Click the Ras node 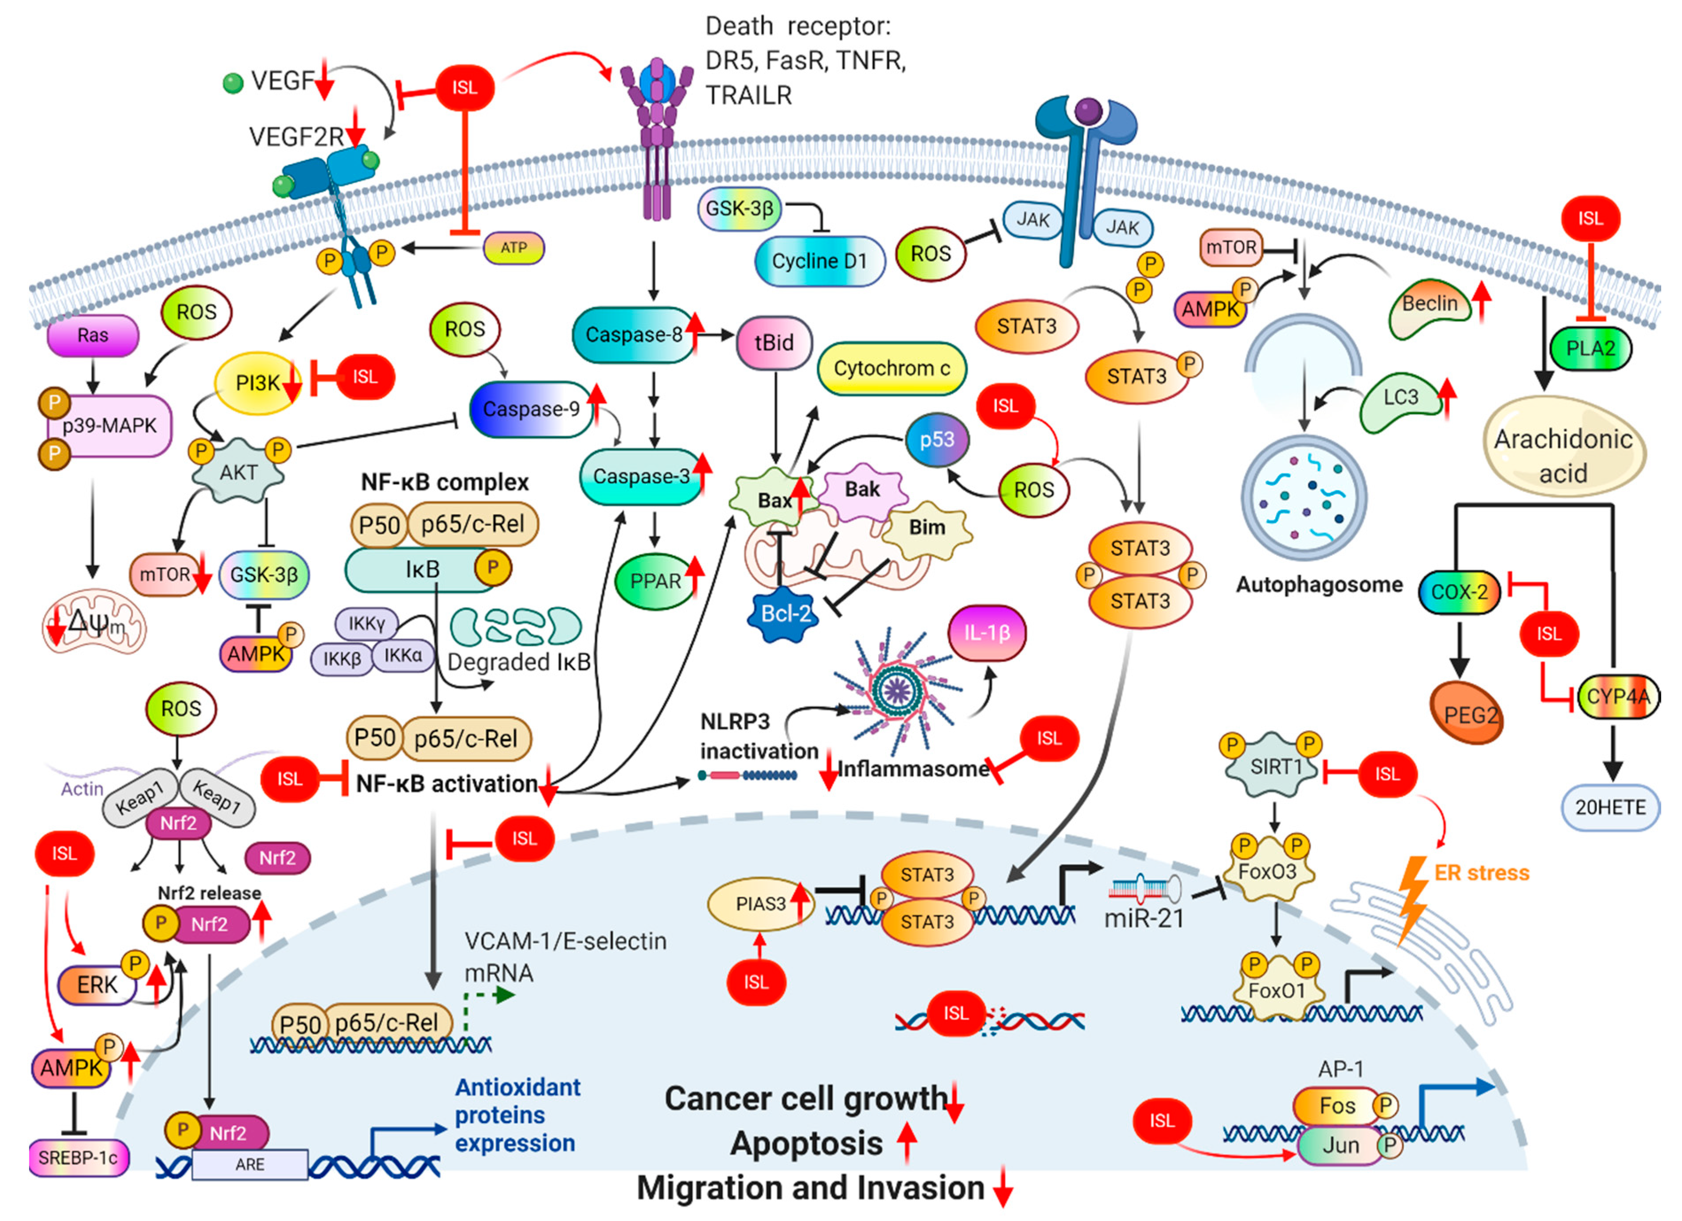(93, 336)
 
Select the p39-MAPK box (109, 426)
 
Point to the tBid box (774, 342)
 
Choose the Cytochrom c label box (892, 368)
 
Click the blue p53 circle (938, 440)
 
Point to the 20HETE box (1610, 807)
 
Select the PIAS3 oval (760, 904)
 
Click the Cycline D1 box (819, 261)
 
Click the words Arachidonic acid (1563, 456)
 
